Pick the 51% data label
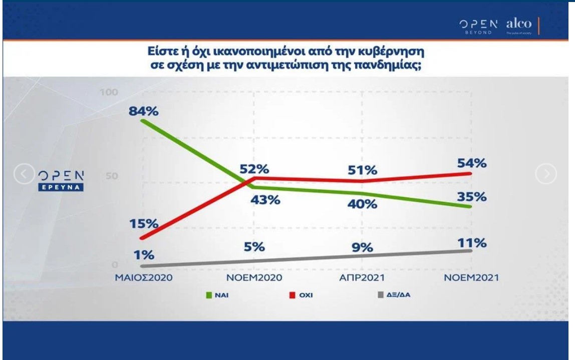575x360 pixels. pyautogui.click(x=363, y=170)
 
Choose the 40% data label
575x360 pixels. pyautogui.click(x=363, y=204)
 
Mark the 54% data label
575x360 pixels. pyautogui.click(x=472, y=163)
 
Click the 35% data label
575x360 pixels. pyautogui.click(x=472, y=197)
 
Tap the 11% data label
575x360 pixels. pyautogui.click(x=472, y=244)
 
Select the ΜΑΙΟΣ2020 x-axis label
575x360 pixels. pyautogui.click(x=141, y=278)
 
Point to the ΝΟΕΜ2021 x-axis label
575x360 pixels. pyautogui.click(x=471, y=278)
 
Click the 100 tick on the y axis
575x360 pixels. pyautogui.click(x=108, y=93)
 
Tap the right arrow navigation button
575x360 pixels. pyautogui.click(x=546, y=174)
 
